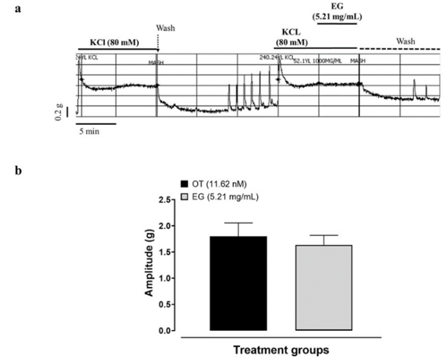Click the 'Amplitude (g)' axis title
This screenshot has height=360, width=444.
(x=149, y=265)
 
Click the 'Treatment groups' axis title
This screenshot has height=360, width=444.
(x=281, y=351)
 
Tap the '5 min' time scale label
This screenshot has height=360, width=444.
(x=89, y=132)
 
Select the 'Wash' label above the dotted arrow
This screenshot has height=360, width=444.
(x=165, y=28)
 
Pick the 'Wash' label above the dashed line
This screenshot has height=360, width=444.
(x=405, y=41)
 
